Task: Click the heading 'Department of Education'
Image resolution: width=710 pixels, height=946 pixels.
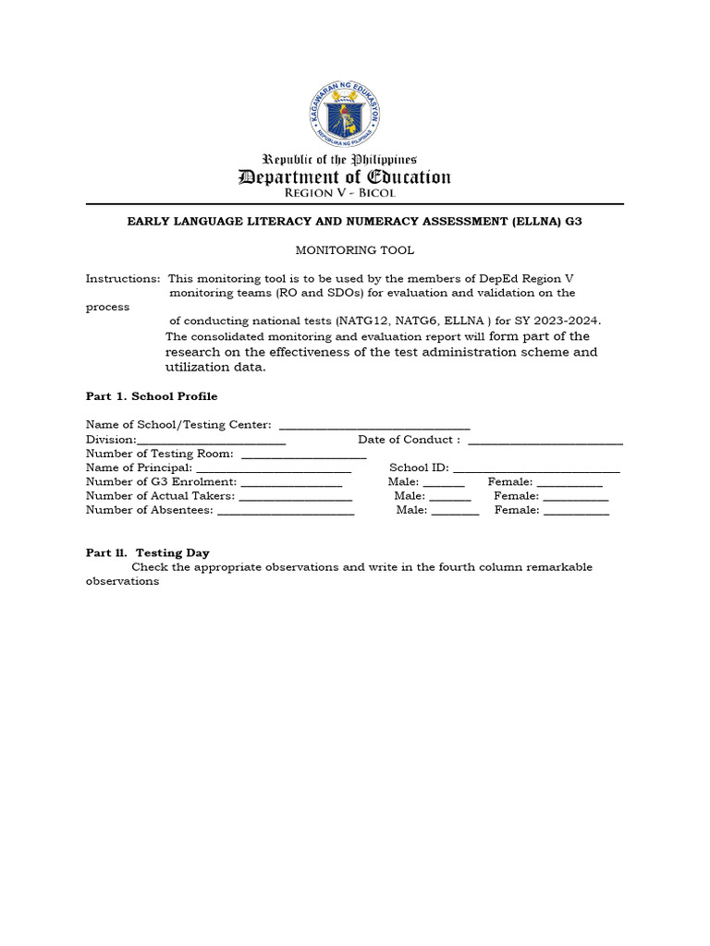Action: point(344,176)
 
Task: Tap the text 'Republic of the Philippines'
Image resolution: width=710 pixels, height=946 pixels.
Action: point(340,159)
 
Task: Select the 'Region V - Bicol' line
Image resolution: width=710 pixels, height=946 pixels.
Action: point(339,193)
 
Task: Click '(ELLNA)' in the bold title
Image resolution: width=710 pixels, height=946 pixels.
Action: point(535,223)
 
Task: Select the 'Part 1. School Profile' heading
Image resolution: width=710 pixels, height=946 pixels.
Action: point(152,396)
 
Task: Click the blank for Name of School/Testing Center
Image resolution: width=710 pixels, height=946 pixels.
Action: point(374,426)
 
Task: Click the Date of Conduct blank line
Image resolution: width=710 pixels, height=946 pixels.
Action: point(545,441)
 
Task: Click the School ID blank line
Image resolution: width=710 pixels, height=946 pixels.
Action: point(536,468)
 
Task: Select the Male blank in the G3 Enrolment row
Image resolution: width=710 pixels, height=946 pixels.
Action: point(444,482)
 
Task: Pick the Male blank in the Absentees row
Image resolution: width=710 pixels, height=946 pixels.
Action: point(455,510)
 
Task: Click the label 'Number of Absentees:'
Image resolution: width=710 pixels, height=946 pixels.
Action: point(149,510)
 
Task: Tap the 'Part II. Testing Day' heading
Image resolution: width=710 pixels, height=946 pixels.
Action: point(148,552)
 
